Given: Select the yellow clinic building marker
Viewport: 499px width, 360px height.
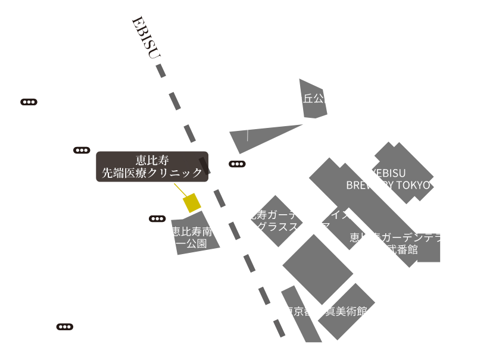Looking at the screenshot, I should (191, 203).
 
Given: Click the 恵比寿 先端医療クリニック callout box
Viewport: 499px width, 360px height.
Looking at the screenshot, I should (152, 166).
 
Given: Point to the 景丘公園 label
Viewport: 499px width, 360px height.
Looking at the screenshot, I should (313, 99).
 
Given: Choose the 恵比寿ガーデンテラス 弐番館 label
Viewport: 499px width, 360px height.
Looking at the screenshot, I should (402, 243).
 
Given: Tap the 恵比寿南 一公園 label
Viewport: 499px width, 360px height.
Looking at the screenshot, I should (192, 237).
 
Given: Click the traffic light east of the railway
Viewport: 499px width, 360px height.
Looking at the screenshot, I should (236, 164).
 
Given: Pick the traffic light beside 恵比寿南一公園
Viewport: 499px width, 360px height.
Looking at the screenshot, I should (157, 218).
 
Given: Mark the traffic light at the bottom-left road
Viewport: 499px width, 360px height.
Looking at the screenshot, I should (65, 326).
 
